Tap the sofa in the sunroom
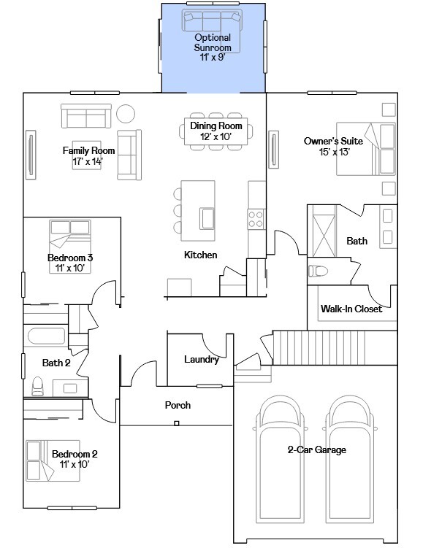coord(212,19)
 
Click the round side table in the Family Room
coord(126,114)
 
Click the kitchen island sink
coord(207,218)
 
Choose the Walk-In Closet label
coord(351,309)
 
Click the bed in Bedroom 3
coord(69,236)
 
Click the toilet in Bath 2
coord(38,385)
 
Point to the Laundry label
coord(201,360)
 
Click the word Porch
coord(178,405)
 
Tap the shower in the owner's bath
coord(322,228)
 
